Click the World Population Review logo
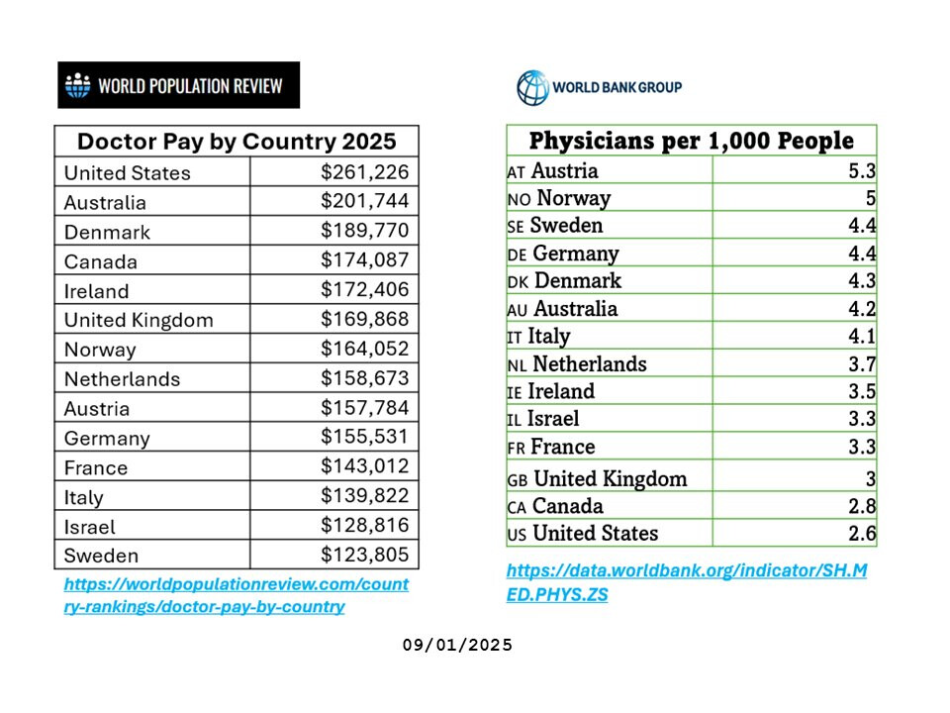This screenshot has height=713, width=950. tap(178, 85)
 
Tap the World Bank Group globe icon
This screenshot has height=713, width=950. tap(531, 87)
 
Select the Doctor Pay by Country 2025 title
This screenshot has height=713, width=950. tap(237, 141)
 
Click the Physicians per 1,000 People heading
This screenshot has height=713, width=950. tap(691, 141)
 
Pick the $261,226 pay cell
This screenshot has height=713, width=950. tap(364, 171)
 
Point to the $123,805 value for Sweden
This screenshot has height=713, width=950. tap(364, 555)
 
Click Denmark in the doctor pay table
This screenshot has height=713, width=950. tap(107, 232)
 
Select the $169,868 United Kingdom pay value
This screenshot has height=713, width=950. tap(364, 319)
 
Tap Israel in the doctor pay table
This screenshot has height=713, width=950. tap(90, 526)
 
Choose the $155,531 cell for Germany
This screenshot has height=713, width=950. tap(364, 437)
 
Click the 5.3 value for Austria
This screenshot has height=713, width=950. tap(862, 171)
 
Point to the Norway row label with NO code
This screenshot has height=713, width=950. tap(559, 198)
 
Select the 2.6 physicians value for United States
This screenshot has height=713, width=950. tap(862, 533)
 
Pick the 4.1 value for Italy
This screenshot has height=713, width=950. tap(862, 337)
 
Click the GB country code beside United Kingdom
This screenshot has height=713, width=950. tap(517, 480)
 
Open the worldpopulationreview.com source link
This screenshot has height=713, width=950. tap(236, 595)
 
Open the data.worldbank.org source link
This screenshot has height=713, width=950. tap(686, 582)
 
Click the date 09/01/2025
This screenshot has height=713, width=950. tap(457, 645)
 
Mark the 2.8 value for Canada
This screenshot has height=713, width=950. tap(862, 506)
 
